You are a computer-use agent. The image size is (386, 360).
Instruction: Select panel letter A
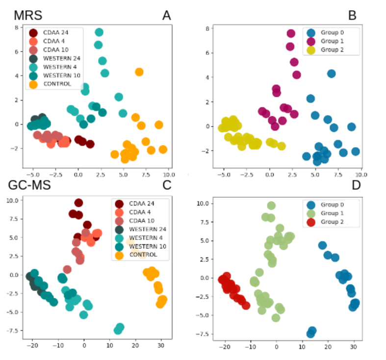point(167,16)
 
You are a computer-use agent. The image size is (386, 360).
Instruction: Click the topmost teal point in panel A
point(99,32)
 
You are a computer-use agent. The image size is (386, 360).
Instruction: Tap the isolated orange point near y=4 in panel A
point(139,72)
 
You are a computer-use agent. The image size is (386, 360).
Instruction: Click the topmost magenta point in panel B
point(291,33)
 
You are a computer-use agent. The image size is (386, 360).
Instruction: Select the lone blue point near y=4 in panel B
point(332,74)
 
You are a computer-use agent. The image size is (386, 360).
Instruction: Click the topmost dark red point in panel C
point(78,203)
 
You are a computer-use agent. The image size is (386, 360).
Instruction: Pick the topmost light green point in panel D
point(271,206)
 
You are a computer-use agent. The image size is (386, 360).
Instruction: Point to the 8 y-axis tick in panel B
point(208,28)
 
